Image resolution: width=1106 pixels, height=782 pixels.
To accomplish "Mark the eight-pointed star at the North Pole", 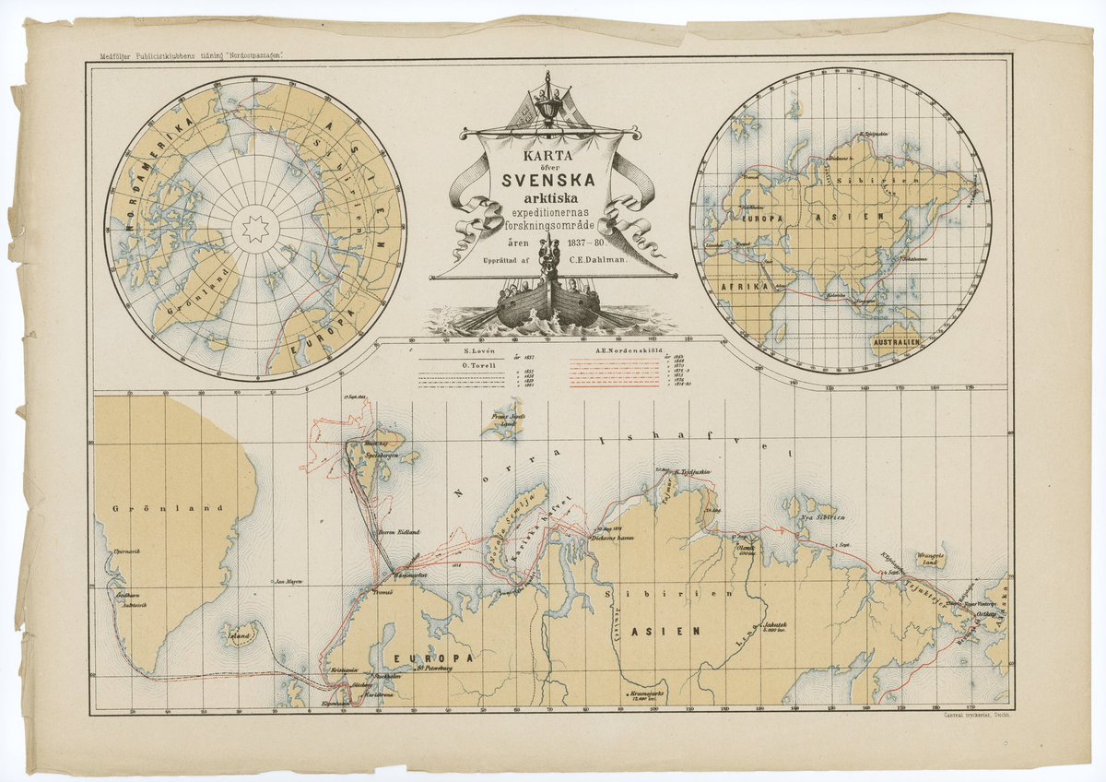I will click(x=254, y=229).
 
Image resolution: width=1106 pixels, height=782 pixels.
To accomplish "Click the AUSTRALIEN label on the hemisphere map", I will click(x=892, y=342).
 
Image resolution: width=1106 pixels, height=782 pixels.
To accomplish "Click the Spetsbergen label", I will click(x=383, y=457).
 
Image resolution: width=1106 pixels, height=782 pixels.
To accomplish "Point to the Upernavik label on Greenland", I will click(x=125, y=551).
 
